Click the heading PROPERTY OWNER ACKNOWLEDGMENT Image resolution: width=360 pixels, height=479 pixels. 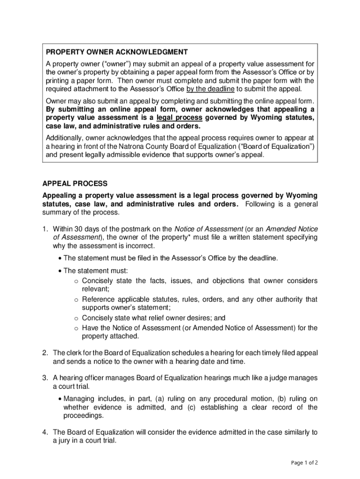click(116, 52)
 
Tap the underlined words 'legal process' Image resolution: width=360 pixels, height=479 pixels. click(180, 117)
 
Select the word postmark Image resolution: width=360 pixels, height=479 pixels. click(140, 229)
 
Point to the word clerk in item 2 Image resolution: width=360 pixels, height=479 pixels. click(74, 353)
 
